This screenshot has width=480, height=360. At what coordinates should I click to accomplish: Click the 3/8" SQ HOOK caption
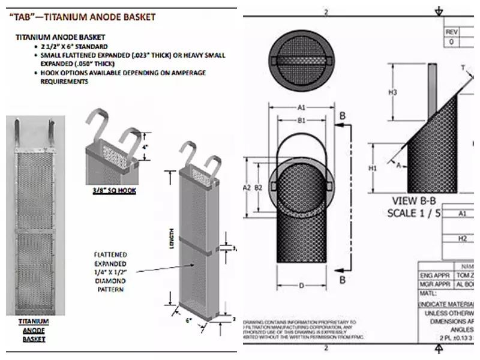(111, 191)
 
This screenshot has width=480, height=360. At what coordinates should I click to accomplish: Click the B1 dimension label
(301, 120)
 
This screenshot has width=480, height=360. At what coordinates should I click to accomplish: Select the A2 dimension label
(246, 188)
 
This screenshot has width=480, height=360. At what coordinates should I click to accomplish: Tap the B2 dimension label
(259, 188)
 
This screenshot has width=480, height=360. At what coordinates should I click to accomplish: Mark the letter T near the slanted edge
(462, 68)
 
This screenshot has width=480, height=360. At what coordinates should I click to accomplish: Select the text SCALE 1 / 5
(414, 212)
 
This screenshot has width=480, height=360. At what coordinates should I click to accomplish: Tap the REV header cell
(452, 32)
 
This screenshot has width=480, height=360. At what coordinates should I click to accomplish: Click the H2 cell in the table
(462, 238)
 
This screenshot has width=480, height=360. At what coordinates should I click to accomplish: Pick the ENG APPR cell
(433, 275)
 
